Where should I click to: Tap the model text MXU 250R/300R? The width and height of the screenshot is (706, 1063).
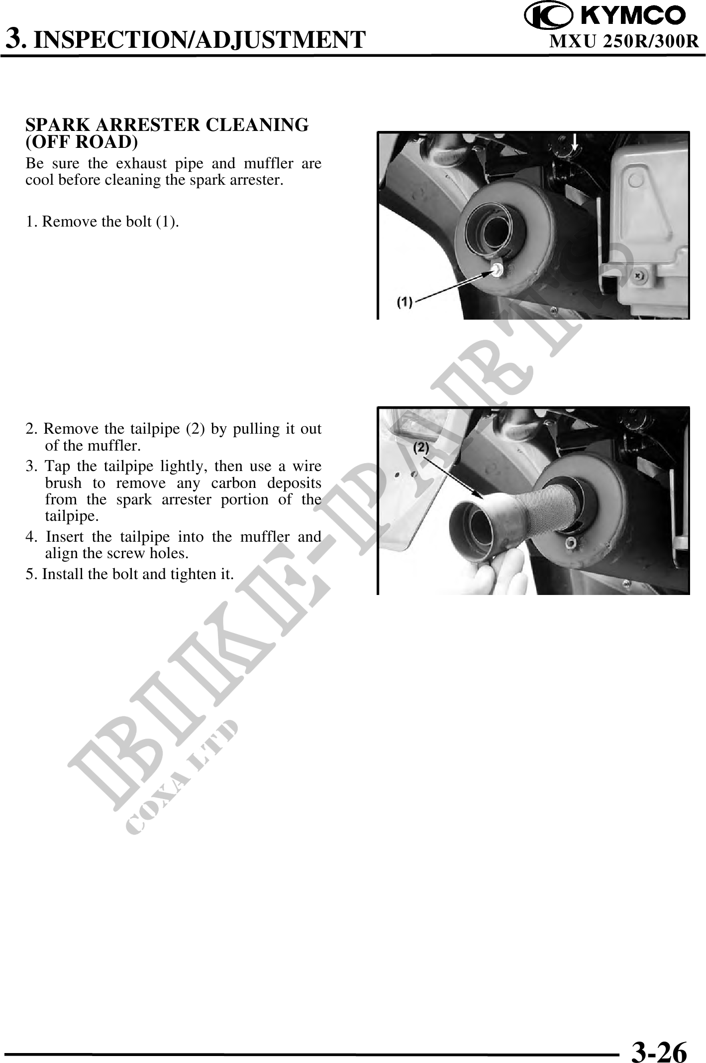(x=624, y=42)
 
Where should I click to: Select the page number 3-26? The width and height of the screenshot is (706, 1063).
(x=660, y=1038)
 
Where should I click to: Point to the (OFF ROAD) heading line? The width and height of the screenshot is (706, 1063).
(x=82, y=142)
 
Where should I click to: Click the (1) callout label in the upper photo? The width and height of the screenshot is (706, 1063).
(x=404, y=302)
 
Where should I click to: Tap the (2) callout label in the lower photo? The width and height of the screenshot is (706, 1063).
(x=421, y=448)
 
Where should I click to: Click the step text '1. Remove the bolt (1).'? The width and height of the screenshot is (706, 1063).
(x=102, y=222)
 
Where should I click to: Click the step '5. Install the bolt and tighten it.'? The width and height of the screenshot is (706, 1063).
(x=130, y=574)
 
